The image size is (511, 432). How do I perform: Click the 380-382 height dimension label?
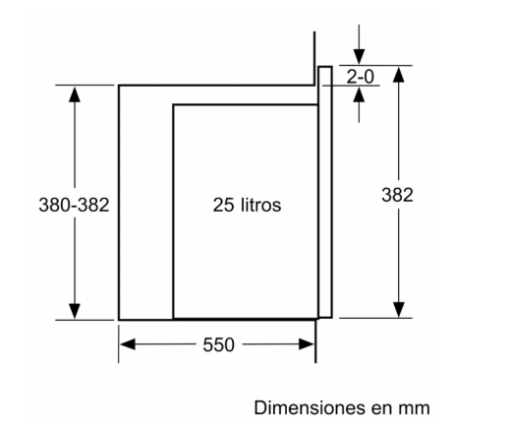click(x=74, y=205)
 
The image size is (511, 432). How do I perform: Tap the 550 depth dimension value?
click(x=218, y=344)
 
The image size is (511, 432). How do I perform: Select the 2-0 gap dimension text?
click(x=360, y=77)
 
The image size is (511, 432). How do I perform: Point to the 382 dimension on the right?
click(x=397, y=195)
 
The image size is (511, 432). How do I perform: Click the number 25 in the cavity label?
click(x=223, y=205)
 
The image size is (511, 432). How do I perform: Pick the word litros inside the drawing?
click(x=261, y=205)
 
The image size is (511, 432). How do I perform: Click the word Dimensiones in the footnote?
click(x=310, y=407)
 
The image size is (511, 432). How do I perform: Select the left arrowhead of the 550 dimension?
click(x=128, y=344)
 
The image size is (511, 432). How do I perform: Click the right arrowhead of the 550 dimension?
click(x=307, y=344)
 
